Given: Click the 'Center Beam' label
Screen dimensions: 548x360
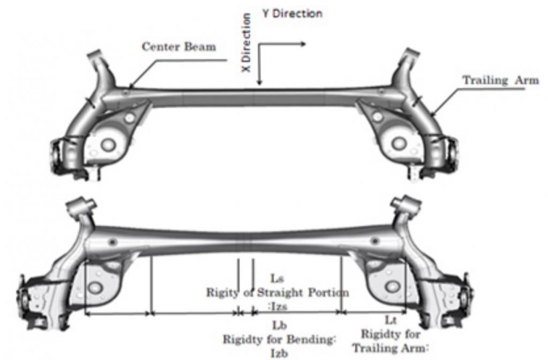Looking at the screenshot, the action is click(x=179, y=47).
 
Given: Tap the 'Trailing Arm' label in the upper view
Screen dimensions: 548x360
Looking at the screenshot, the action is click(x=501, y=80).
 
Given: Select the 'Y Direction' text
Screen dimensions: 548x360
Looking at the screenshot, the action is click(x=292, y=13).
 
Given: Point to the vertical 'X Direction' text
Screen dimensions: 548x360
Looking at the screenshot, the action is click(x=246, y=43).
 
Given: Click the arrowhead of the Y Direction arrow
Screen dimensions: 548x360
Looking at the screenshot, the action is click(x=303, y=44).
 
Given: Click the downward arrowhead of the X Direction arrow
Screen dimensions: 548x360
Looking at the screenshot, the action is click(x=259, y=82).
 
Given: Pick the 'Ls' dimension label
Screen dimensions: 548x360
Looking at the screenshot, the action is click(x=277, y=279).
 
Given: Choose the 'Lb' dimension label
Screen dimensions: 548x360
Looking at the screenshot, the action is click(x=280, y=325).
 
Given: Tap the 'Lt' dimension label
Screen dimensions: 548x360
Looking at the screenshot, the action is click(x=391, y=320).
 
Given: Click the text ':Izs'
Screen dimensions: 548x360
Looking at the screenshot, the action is click(x=277, y=306).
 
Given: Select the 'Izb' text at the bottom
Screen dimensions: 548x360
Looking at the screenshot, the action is click(x=279, y=353).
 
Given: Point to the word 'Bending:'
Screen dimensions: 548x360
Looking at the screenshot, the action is click(x=312, y=339).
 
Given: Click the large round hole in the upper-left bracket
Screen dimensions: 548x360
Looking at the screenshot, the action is click(x=108, y=144).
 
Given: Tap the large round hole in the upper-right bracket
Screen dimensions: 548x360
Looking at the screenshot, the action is click(x=399, y=143).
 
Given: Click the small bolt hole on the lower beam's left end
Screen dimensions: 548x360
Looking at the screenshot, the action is click(x=112, y=242).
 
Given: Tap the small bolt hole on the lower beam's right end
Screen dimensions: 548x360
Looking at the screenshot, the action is click(x=374, y=241).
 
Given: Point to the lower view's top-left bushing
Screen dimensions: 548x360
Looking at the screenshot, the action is click(x=81, y=205).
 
